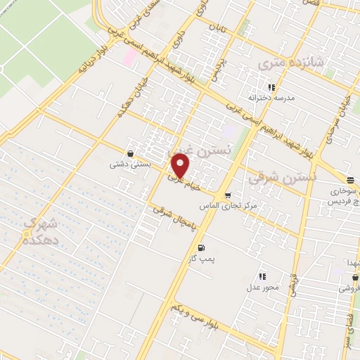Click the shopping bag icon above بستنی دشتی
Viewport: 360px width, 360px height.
click(x=130, y=153)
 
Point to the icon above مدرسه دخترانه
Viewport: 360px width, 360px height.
click(x=271, y=87)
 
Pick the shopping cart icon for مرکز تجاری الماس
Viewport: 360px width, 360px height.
click(x=227, y=195)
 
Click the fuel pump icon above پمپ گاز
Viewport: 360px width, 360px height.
click(x=202, y=247)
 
